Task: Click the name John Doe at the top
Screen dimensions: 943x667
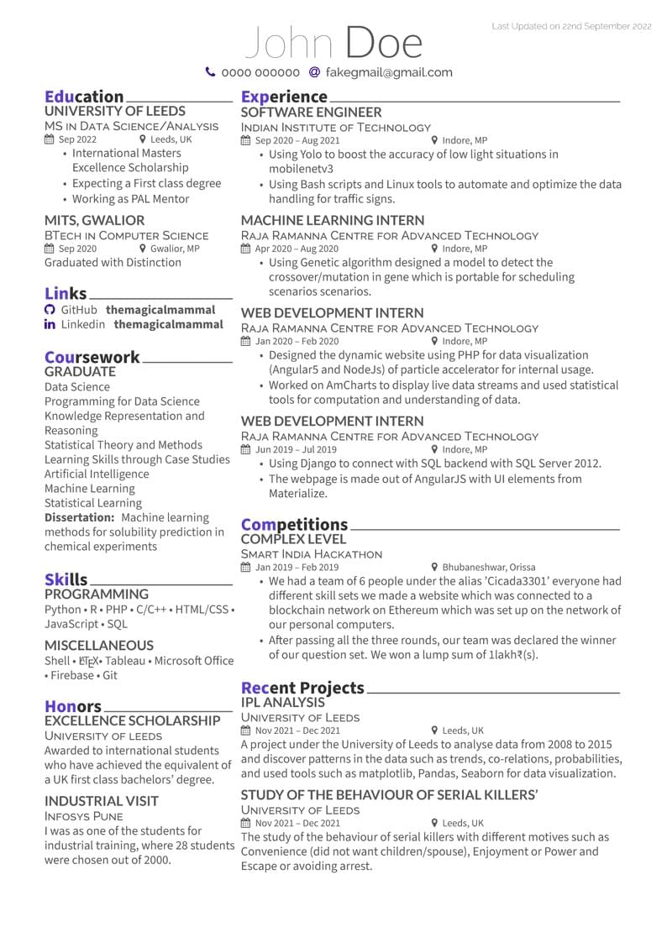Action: point(333,43)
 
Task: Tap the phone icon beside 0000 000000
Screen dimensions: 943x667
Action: point(210,72)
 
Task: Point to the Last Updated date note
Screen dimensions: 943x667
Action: point(571,27)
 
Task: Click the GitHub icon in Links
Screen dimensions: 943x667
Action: point(50,310)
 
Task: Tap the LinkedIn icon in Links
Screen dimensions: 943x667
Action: point(50,324)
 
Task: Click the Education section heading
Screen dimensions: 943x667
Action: point(84,97)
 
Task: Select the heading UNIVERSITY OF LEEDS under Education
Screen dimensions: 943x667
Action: point(115,111)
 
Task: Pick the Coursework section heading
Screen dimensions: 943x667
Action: point(92,357)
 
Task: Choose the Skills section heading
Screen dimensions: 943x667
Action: point(66,579)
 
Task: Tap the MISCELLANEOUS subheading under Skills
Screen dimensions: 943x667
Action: point(99,645)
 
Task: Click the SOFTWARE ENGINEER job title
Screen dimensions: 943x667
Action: point(311,112)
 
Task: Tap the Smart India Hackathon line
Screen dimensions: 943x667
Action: point(312,554)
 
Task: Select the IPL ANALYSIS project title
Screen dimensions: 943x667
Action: point(282,702)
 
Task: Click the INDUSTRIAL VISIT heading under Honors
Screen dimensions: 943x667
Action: point(102,800)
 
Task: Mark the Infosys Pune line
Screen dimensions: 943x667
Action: point(84,816)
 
